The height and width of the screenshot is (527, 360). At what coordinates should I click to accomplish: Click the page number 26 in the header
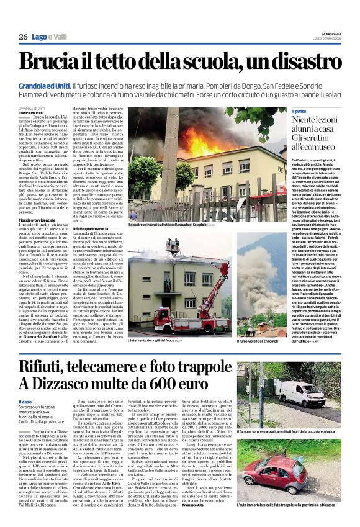tap(23, 37)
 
